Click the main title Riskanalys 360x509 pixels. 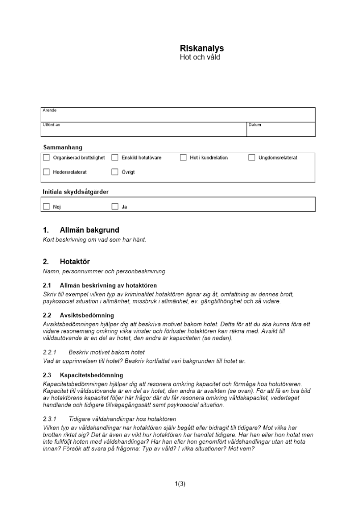pyautogui.click(x=202, y=49)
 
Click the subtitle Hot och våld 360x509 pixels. pyautogui.click(x=200, y=58)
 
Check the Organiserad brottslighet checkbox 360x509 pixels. pyautogui.click(x=47, y=158)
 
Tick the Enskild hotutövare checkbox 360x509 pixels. pyautogui.click(x=115, y=158)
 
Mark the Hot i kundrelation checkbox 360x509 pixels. pyautogui.click(x=183, y=158)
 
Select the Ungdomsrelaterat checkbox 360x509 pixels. pyautogui.click(x=252, y=158)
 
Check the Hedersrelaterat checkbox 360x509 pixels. pyautogui.click(x=47, y=172)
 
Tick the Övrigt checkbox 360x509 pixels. pyautogui.click(x=115, y=172)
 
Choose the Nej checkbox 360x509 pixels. pyautogui.click(x=47, y=207)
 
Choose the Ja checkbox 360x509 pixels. pyautogui.click(x=115, y=207)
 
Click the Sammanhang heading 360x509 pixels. pyautogui.click(x=63, y=147)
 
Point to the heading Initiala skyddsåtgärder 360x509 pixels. pyautogui.click(x=76, y=192)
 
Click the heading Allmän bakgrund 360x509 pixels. pyautogui.click(x=89, y=230)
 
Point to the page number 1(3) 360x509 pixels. pyautogui.click(x=180, y=484)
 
